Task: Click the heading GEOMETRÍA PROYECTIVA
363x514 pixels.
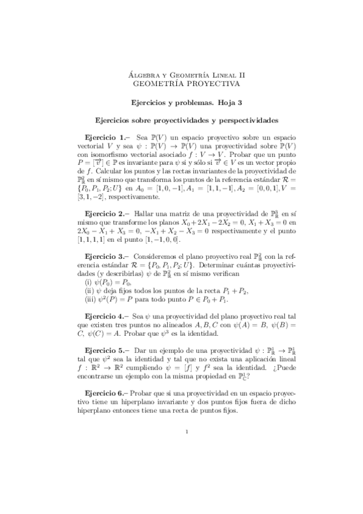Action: pyautogui.click(x=181, y=83)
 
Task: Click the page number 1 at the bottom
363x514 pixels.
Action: pyautogui.click(x=187, y=432)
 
